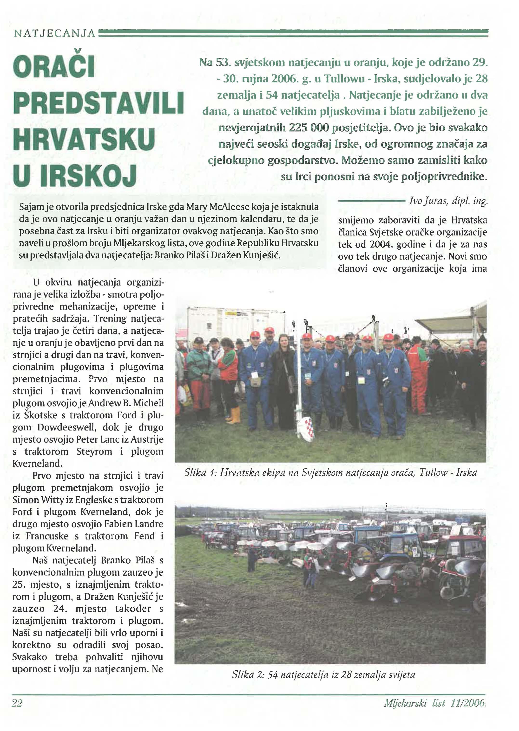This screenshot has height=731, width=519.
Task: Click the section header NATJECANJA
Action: coord(54,33)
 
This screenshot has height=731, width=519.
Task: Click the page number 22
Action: coord(17,703)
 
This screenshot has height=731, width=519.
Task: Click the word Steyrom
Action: coord(94,452)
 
